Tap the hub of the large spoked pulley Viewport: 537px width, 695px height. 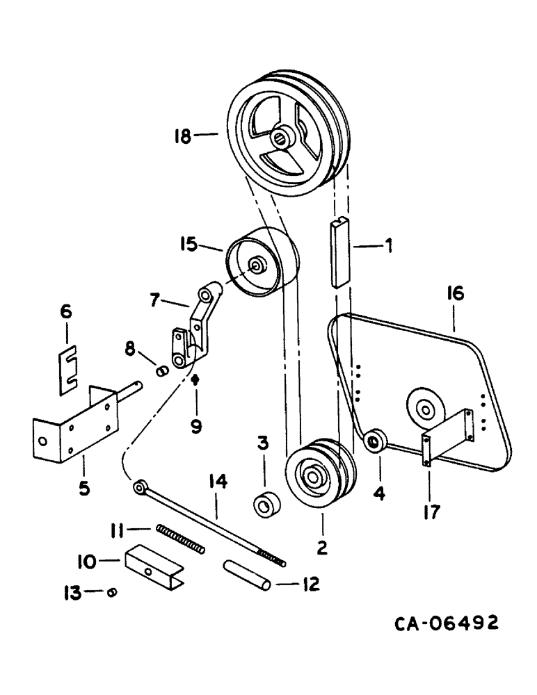click(281, 138)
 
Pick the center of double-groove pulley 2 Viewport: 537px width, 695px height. click(311, 477)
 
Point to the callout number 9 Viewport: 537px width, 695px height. click(196, 425)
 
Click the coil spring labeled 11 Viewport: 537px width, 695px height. click(180, 539)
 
